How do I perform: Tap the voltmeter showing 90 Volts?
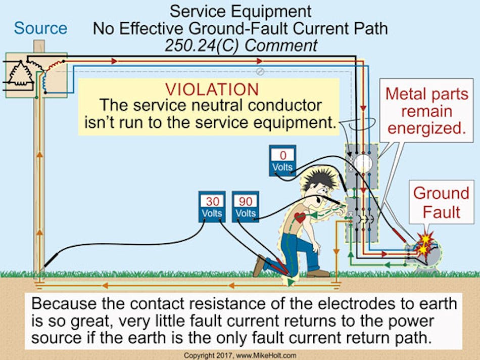[x=246, y=207]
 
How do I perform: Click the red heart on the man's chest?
[x=300, y=218]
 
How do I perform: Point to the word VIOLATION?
[x=212, y=89]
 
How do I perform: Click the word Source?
[x=40, y=28]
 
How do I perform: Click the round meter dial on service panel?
[x=362, y=163]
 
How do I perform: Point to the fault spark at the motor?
[x=423, y=244]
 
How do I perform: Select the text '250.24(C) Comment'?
[x=241, y=45]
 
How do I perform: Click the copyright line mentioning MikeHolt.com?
[x=240, y=355]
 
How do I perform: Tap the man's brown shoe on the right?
[x=318, y=273]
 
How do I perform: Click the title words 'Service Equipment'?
[x=240, y=11]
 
